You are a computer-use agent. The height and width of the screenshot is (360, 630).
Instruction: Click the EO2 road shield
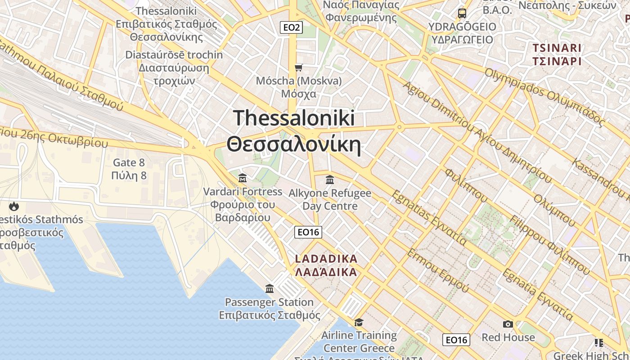point(292,27)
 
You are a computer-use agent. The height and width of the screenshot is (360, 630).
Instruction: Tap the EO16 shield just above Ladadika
point(308,232)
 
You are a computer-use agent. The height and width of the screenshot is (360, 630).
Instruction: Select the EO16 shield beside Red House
point(456,340)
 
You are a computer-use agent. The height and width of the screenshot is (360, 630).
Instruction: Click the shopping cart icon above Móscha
point(298,68)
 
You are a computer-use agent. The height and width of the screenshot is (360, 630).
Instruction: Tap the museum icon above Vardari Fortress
point(243,178)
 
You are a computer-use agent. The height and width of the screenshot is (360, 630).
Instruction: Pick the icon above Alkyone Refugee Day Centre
point(330,180)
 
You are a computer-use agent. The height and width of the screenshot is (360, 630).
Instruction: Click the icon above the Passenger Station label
point(270,288)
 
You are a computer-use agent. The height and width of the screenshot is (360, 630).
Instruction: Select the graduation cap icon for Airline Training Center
point(359,322)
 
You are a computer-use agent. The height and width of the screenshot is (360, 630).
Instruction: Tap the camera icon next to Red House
point(508,324)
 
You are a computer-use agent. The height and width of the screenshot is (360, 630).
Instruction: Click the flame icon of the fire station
point(14,207)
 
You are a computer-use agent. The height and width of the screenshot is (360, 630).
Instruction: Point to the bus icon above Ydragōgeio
point(462,13)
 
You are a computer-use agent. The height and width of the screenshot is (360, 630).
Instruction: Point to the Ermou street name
point(438,270)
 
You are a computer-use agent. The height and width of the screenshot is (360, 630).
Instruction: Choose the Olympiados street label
point(544,96)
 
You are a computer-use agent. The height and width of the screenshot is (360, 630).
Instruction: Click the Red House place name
point(508,337)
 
